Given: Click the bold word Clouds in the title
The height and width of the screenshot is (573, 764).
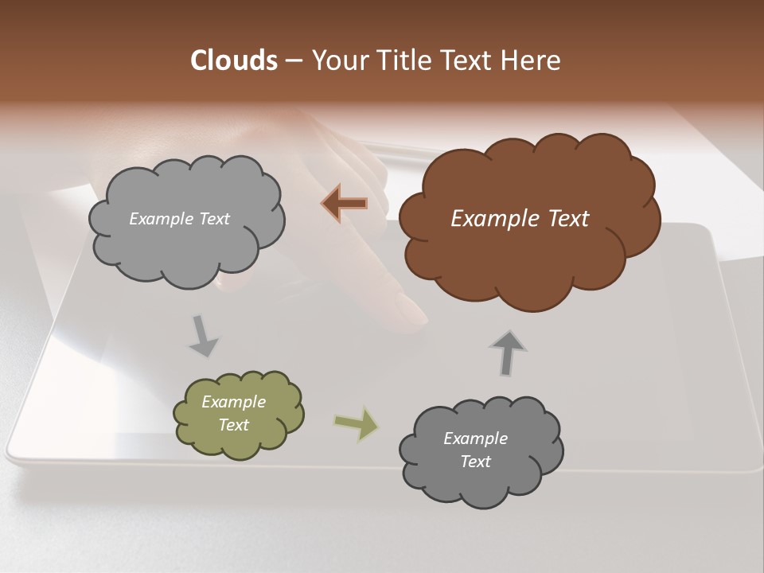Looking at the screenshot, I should pyautogui.click(x=233, y=60).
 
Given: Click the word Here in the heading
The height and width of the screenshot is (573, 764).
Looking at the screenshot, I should pyautogui.click(x=532, y=60).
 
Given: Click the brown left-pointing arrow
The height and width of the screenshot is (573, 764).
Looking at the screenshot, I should pyautogui.click(x=345, y=204).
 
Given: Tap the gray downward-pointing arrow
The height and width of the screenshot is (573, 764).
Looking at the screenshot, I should pyautogui.click(x=203, y=336).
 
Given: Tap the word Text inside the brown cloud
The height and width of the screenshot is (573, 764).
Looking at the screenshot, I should pyautogui.click(x=567, y=219).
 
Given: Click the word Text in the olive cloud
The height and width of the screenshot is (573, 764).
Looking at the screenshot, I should pyautogui.click(x=234, y=425).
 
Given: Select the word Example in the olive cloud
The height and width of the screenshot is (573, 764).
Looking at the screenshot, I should pyautogui.click(x=234, y=402).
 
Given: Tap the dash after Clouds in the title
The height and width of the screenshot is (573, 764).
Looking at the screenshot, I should pyautogui.click(x=293, y=61).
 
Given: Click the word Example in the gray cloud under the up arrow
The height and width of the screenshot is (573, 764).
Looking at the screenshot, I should pyautogui.click(x=475, y=439).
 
